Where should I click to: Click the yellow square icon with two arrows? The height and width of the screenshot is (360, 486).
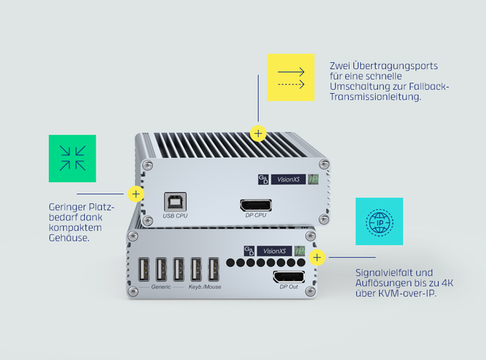(291, 77)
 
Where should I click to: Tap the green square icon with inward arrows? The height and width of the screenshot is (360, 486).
(72, 158)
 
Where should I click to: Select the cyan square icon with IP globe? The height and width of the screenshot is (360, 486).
(379, 221)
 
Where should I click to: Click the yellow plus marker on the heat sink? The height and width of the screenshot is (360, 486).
(258, 133)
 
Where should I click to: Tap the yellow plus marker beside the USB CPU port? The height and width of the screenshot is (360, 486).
(136, 194)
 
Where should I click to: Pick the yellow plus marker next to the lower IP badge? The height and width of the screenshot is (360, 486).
(316, 257)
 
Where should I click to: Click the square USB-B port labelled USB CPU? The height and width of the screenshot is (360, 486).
(175, 202)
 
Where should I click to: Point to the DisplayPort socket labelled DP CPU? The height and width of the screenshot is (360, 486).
(256, 205)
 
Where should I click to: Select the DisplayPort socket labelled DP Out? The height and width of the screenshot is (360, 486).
(289, 277)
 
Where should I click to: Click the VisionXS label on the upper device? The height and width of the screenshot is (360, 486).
(288, 179)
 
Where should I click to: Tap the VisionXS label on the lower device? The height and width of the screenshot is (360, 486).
(274, 250)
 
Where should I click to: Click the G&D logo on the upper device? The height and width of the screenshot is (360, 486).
(263, 179)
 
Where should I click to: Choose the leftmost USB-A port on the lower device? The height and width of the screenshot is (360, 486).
(143, 269)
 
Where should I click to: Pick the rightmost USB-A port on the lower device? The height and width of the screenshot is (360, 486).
(213, 269)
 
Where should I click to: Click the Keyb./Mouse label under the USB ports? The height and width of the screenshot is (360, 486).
(205, 286)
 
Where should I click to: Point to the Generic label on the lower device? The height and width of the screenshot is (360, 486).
(160, 286)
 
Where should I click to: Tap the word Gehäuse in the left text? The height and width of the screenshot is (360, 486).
(69, 238)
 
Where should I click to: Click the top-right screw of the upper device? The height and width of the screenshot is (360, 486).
(324, 163)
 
